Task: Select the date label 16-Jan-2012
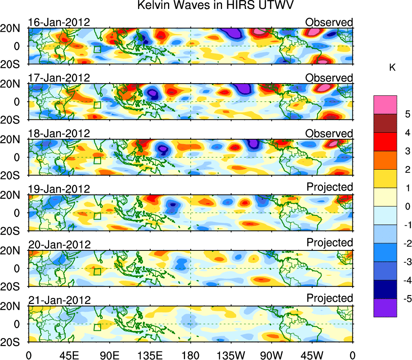coord(59,22)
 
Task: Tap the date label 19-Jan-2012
coord(59,189)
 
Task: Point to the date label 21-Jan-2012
coord(59,300)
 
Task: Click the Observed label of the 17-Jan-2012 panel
coord(329,78)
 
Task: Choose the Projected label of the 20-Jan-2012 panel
coord(330,243)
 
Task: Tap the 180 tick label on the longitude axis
coord(191,354)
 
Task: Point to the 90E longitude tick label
coord(109,354)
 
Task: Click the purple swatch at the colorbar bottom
coord(385,308)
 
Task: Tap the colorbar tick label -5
coord(406,299)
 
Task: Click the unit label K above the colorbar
coord(393,68)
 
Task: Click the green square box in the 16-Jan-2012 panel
coord(97,50)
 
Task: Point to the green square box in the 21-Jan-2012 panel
coord(97,327)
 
